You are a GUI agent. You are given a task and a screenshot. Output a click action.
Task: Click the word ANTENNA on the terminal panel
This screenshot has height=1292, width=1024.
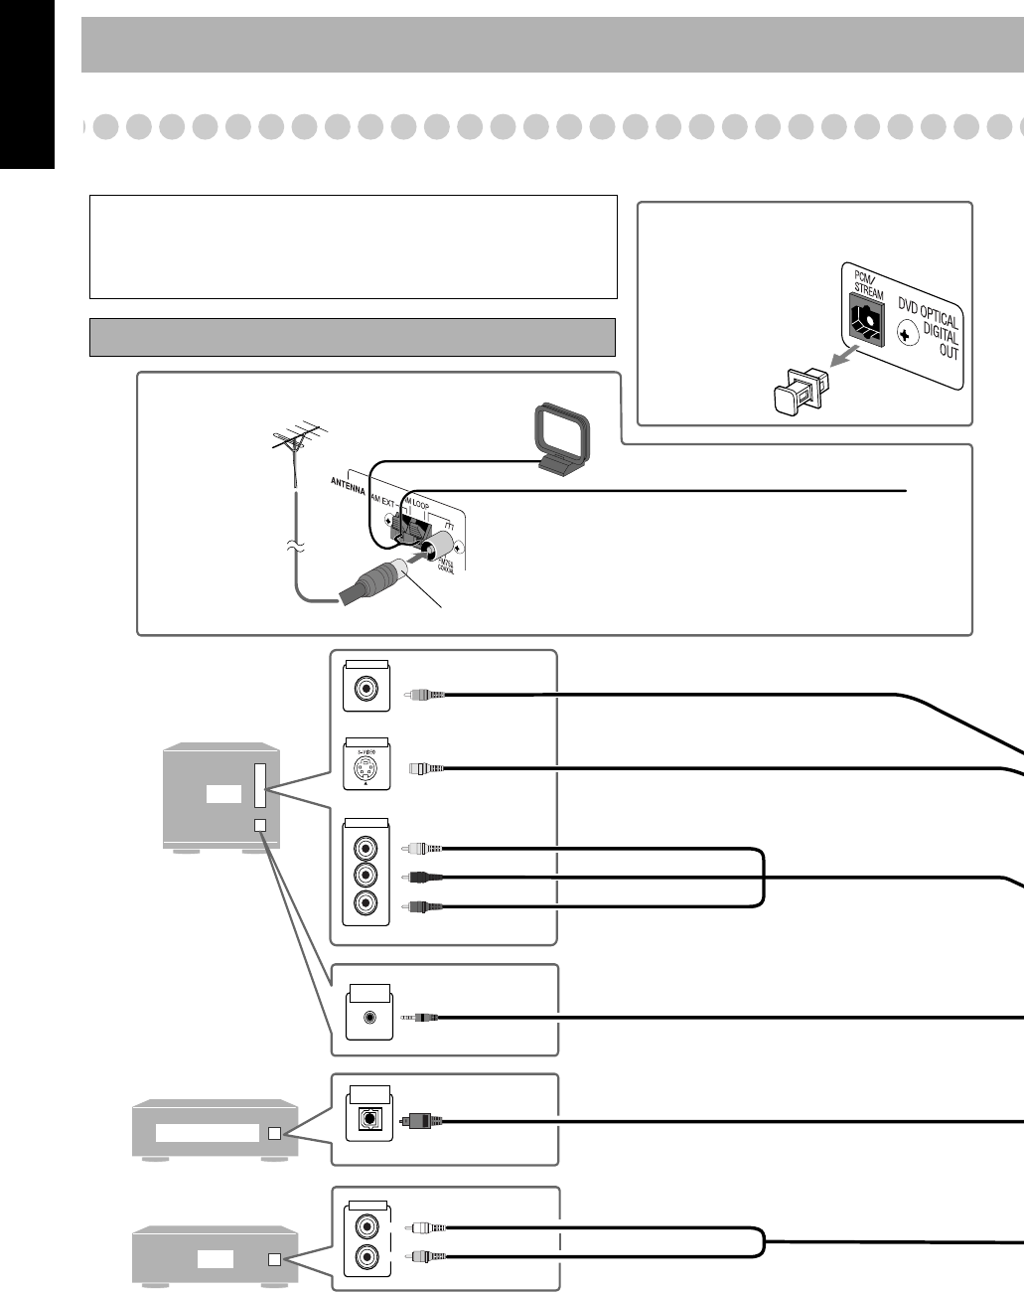point(351,483)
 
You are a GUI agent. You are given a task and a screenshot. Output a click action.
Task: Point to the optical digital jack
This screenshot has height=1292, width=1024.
point(368,1119)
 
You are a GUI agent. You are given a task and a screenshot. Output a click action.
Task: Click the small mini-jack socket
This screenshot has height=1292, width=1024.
point(369,1017)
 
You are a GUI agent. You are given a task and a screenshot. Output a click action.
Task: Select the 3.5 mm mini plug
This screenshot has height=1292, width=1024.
point(419,1017)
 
